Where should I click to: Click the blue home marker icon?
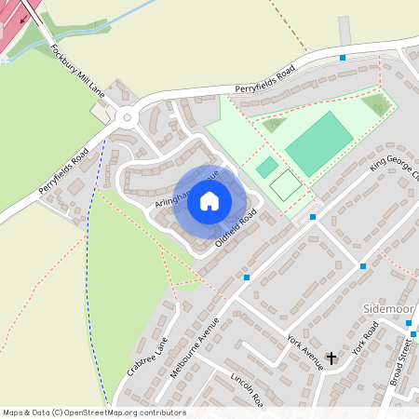(209, 200)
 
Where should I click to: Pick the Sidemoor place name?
(385, 306)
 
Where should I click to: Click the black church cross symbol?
(331, 357)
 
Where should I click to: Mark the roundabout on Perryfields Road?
(127, 117)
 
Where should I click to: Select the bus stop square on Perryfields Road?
(343, 58)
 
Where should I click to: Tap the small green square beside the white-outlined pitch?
(267, 167)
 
